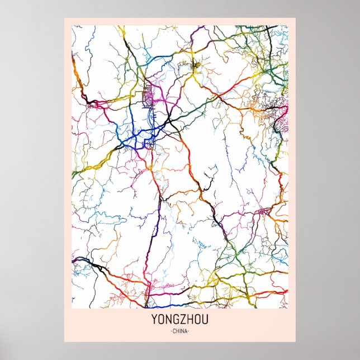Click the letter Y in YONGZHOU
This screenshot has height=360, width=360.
point(154,321)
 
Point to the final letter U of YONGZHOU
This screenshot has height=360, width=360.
point(205,321)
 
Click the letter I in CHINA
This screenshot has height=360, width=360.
point(180,331)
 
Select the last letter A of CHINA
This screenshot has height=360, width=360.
point(187,331)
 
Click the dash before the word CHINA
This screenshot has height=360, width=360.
point(169,331)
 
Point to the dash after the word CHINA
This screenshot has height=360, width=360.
point(190,331)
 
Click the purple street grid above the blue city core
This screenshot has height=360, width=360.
point(149,96)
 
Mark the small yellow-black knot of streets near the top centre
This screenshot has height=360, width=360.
point(196,68)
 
